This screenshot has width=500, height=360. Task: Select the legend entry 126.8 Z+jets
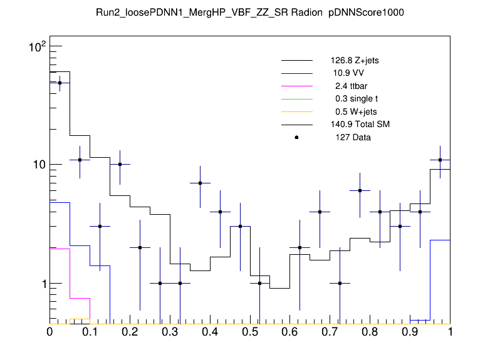[x=354, y=61]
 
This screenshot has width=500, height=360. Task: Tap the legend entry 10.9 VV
[x=348, y=73]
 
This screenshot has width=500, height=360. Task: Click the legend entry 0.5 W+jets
[x=352, y=112]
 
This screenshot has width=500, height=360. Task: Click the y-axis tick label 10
[x=38, y=165]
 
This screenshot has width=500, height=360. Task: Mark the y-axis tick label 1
[x=41, y=284]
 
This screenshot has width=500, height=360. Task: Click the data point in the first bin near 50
[x=60, y=83]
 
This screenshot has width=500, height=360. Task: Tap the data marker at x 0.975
[x=440, y=160]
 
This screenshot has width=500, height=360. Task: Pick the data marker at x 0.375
[x=200, y=183]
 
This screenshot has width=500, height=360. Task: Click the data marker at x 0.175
[x=120, y=165]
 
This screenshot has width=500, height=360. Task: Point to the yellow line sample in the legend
[x=296, y=112]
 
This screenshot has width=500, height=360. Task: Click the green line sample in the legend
[x=296, y=99]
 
